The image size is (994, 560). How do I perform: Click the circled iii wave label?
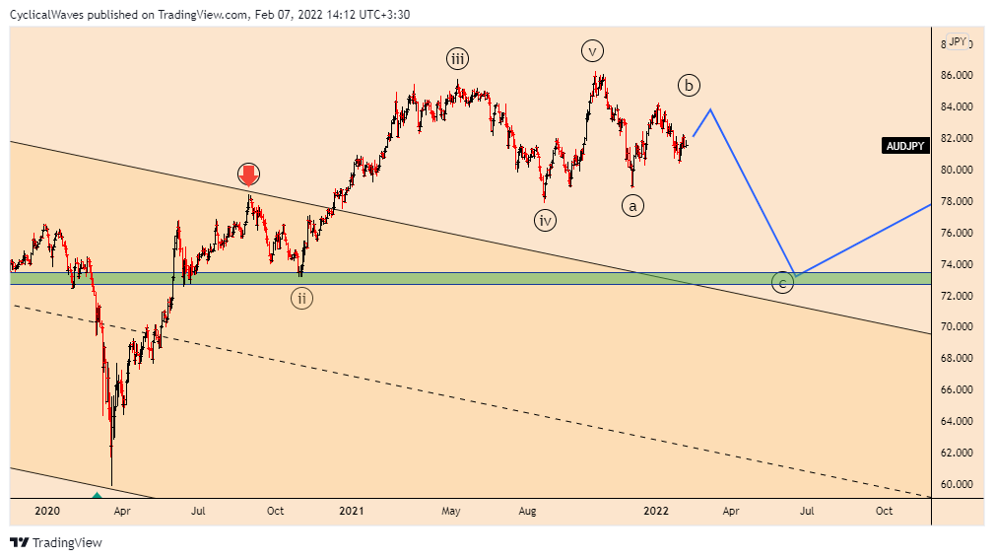(457, 58)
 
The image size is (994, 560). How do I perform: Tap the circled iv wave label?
(546, 220)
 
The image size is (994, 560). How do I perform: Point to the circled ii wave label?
(301, 297)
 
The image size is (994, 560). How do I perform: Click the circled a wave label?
(632, 205)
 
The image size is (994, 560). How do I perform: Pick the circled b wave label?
(689, 86)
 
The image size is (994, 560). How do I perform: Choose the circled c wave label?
(782, 284)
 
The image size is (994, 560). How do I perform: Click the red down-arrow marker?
(248, 175)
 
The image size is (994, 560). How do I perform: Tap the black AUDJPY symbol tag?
(905, 146)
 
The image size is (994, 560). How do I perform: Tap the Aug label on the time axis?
(527, 511)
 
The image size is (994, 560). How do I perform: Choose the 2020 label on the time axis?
(46, 511)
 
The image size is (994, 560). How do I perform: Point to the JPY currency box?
(957, 41)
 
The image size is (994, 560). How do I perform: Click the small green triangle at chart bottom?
(97, 493)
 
